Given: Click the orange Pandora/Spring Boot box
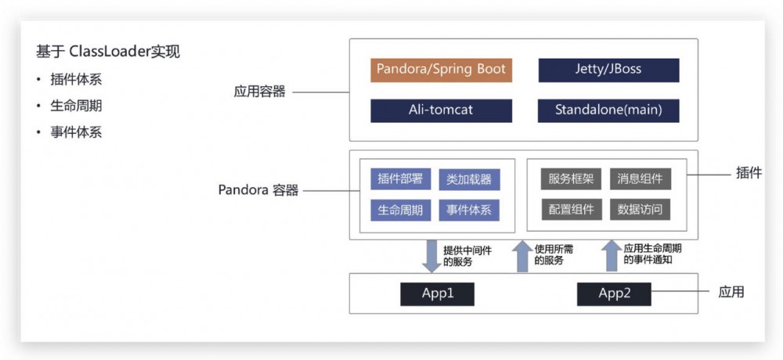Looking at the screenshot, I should tap(441, 70).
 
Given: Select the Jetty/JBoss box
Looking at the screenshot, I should tap(608, 70).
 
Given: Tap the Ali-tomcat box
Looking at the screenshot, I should tap(441, 110).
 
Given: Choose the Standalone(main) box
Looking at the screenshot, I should tap(608, 110).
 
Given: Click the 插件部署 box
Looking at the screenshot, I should tap(400, 179).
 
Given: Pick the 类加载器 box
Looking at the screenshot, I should tap(468, 179).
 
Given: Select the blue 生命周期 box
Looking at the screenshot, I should tap(400, 210).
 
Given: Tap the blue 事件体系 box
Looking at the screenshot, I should tap(468, 210).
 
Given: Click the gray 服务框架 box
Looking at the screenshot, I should tap(571, 179).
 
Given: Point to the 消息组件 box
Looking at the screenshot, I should tap(640, 179).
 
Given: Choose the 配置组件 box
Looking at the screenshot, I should tap(571, 210).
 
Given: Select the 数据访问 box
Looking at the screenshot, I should tap(640, 210).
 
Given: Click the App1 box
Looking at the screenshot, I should tap(438, 293).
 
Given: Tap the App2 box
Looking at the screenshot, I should tap(614, 293).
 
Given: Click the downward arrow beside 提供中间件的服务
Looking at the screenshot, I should tap(431, 257).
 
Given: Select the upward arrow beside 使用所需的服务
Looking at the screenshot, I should tap(521, 256).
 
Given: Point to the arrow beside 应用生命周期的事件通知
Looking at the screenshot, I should tap(611, 256).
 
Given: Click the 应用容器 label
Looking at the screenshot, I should tap(259, 92).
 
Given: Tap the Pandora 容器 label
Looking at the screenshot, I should tap(258, 190).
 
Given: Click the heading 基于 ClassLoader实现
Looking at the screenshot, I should tap(108, 52).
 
